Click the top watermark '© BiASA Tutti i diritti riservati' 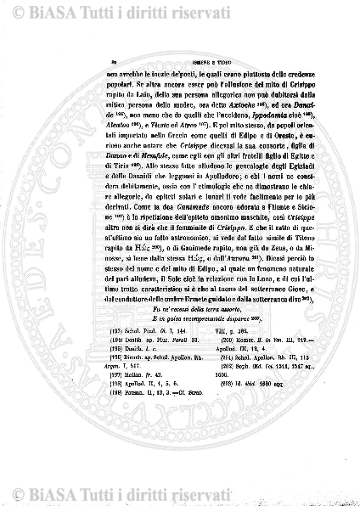(179, 12)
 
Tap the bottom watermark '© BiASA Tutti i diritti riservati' (179, 492)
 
